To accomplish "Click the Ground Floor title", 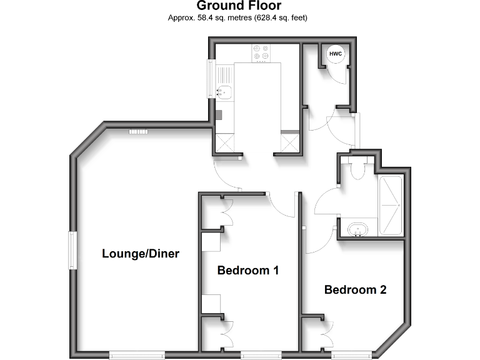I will tap(239, 7).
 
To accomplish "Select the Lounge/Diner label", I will tap(140, 254).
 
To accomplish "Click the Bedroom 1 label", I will tap(247, 271).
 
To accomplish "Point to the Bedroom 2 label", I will tap(355, 290).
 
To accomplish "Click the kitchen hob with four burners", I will tap(261, 54).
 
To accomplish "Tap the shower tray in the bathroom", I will tap(391, 206).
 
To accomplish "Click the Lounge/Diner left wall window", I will tap(72, 250).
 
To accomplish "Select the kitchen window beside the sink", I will tap(211, 79).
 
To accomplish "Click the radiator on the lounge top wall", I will tap(137, 132).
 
